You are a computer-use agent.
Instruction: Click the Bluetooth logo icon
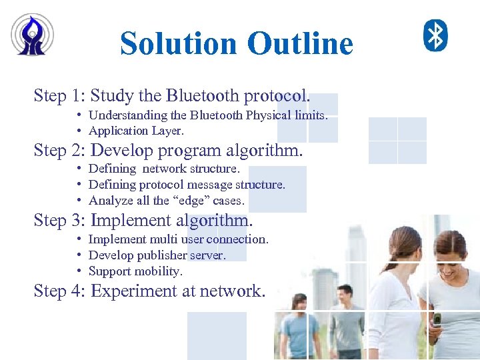436,35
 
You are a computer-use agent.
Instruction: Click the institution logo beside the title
32,35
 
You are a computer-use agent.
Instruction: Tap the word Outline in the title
299,44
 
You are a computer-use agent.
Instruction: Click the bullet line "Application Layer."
136,131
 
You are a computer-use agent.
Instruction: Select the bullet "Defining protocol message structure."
187,185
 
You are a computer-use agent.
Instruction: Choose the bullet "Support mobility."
135,271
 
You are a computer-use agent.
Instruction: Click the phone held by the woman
437,321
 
